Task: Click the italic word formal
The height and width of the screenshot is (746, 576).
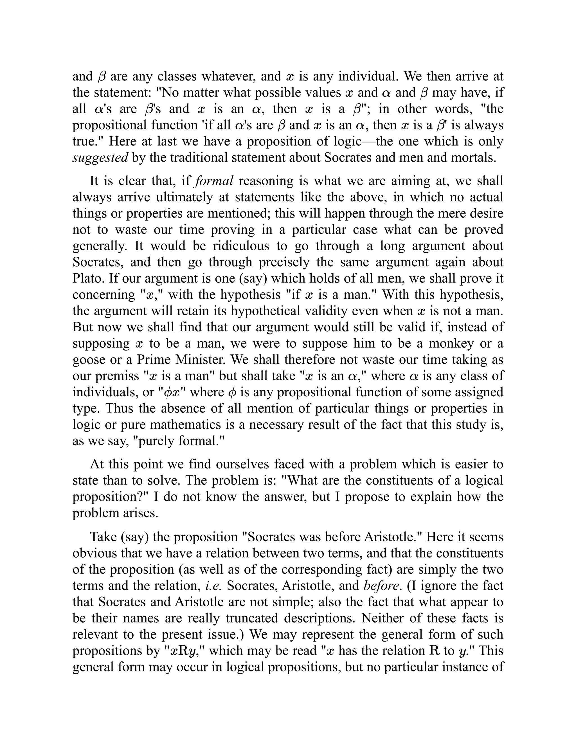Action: coord(214,181)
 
